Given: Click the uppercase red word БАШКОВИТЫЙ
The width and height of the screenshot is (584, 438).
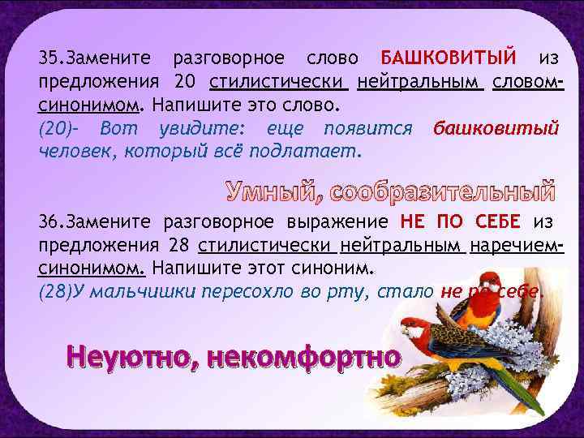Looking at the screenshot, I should pyautogui.click(x=448, y=59).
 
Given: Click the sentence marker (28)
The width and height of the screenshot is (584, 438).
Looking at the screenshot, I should pyautogui.click(x=55, y=293).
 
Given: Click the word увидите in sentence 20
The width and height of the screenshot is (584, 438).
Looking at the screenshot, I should pyautogui.click(x=202, y=129).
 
